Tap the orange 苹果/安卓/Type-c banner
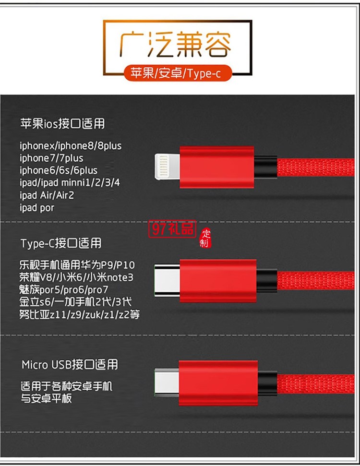pyautogui.click(x=178, y=73)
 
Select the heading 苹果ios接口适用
pyautogui.click(x=62, y=124)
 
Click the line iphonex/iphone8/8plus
pyautogui.click(x=71, y=145)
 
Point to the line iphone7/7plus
pyautogui.click(x=51, y=158)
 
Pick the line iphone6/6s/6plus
pyautogui.click(x=59, y=170)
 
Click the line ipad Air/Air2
pyautogui.click(x=47, y=195)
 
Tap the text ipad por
pyautogui.click(x=37, y=208)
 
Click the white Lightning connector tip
pyautogui.click(x=167, y=167)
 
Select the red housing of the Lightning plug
pyautogui.click(x=216, y=167)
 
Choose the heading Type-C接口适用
pyautogui.click(x=61, y=243)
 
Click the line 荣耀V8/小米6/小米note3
pyautogui.click(x=76, y=277)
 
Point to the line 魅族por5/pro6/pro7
pyautogui.click(x=64, y=290)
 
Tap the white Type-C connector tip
pyautogui.click(x=167, y=280)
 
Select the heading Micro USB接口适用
pyautogui.click(x=70, y=365)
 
